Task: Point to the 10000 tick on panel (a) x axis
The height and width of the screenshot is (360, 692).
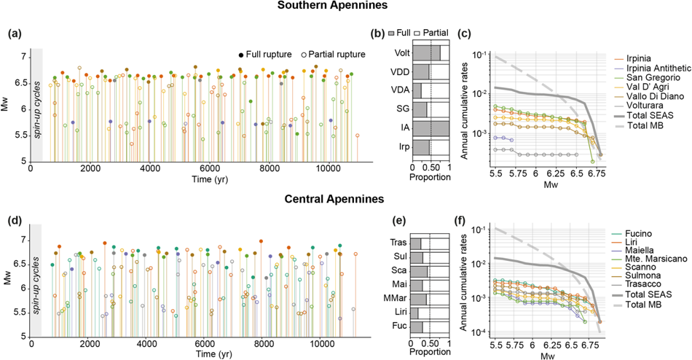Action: click(329, 169)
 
